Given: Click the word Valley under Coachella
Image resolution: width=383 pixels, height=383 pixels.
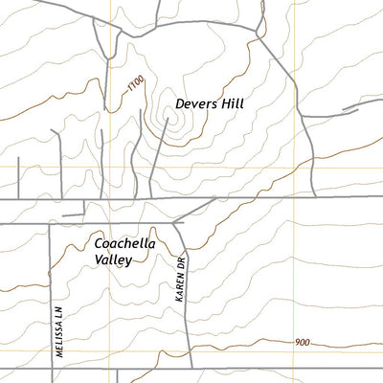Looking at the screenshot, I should pyautogui.click(x=112, y=259).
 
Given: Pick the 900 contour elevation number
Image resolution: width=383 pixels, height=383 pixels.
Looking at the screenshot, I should pyautogui.click(x=304, y=343).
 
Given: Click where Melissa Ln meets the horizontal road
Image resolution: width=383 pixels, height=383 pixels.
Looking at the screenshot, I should pyautogui.click(x=50, y=223).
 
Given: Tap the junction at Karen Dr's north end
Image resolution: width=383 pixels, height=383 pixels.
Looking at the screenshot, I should pyautogui.click(x=173, y=223).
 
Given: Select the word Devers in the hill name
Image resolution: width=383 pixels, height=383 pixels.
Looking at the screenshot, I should pyautogui.click(x=195, y=103).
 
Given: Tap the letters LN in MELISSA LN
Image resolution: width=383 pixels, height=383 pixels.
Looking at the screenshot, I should pyautogui.click(x=58, y=312).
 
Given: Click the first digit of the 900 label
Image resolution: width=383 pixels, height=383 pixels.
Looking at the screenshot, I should pyautogui.click(x=298, y=343).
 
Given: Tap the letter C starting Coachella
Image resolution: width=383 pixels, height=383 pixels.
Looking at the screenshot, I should pyautogui.click(x=99, y=243).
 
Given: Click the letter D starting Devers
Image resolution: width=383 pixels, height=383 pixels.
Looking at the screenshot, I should pyautogui.click(x=180, y=103).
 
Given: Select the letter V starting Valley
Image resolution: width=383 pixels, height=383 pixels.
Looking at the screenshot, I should pyautogui.click(x=98, y=259).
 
